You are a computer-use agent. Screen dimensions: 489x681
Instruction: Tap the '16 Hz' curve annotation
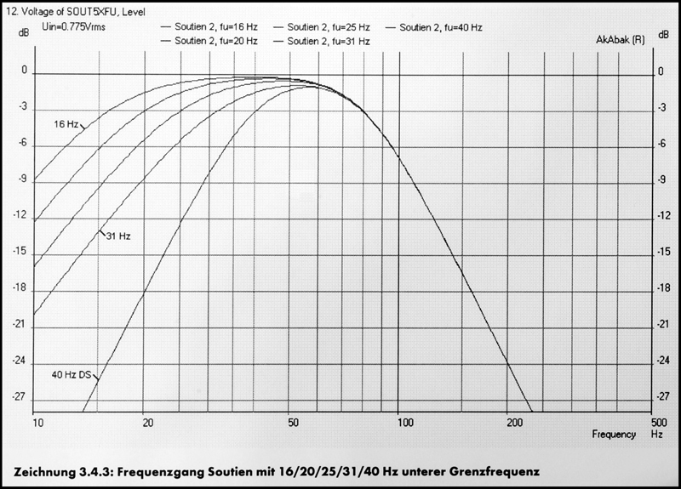pos(66,124)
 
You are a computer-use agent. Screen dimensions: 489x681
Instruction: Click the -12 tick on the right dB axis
pos(659,217)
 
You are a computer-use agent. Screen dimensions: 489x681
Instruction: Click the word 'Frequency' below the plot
pos(614,434)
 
